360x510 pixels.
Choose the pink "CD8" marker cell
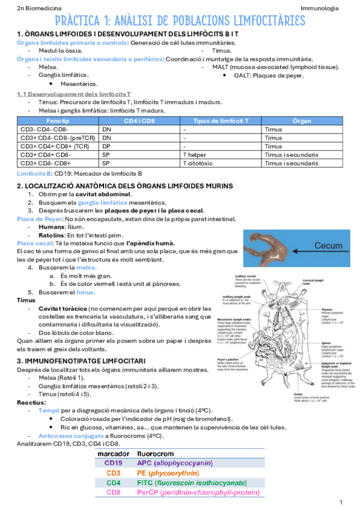tap(114, 493)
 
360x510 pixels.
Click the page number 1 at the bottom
tap(341, 502)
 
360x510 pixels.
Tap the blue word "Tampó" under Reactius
tap(48, 410)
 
